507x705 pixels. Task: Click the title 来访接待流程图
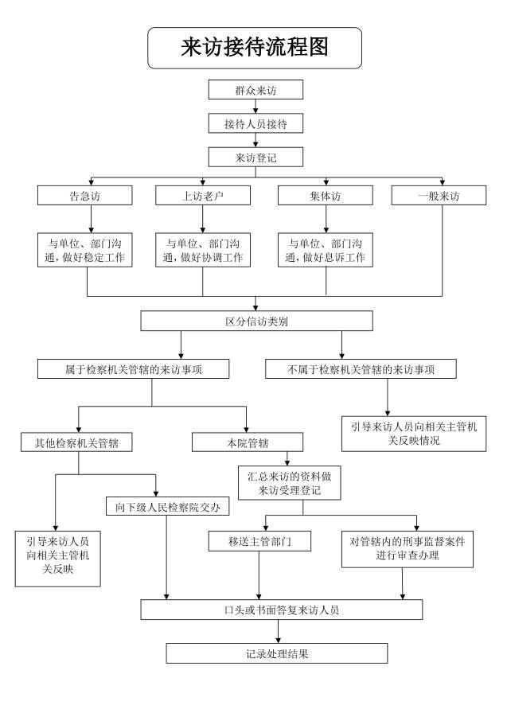tap(255, 49)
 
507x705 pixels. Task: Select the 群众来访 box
tap(255, 90)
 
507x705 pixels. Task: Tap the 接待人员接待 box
tap(255, 124)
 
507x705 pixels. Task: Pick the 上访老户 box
tap(202, 195)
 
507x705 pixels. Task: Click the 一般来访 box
tap(439, 195)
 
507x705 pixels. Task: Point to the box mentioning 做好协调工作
tap(202, 250)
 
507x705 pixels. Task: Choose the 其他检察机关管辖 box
tap(77, 442)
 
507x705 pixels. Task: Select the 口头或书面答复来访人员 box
tap(278, 610)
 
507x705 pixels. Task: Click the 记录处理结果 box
tap(277, 653)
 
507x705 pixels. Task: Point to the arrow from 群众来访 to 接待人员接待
tap(255, 107)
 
